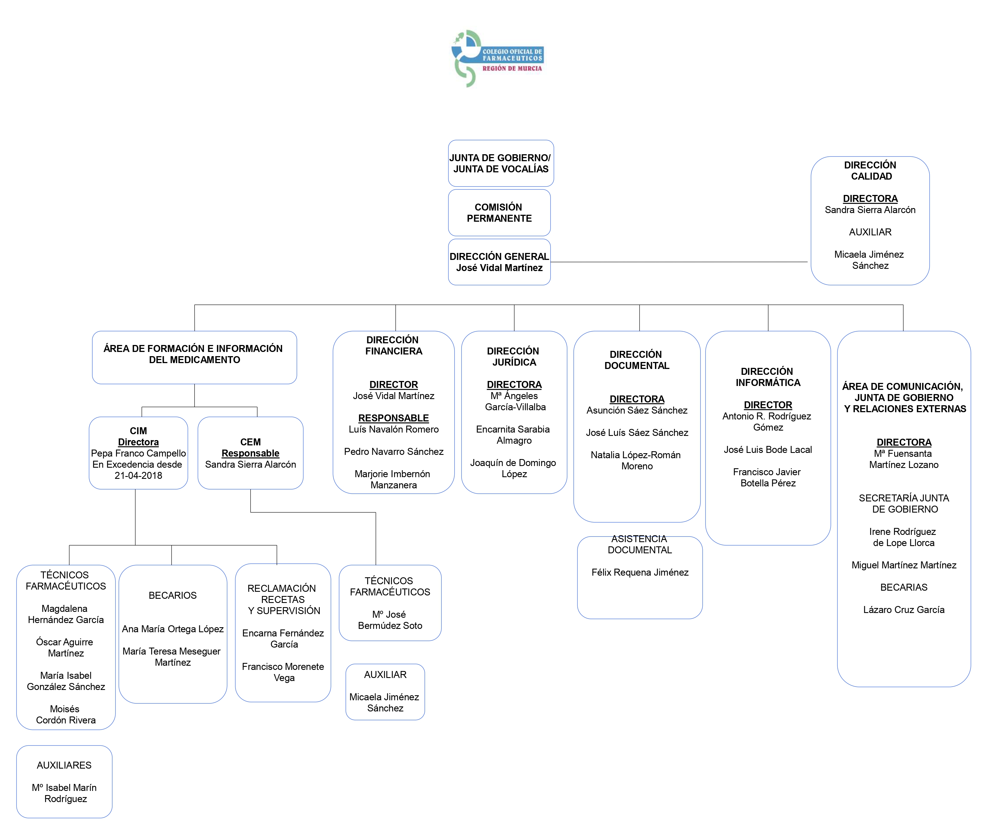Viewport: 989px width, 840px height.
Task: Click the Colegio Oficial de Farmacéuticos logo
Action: pyautogui.click(x=497, y=58)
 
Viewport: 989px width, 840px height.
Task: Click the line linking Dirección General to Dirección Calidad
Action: pyautogui.click(x=679, y=262)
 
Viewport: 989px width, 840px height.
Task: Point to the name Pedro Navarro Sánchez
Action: pyautogui.click(x=393, y=452)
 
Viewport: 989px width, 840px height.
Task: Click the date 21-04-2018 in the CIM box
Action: pyautogui.click(x=138, y=475)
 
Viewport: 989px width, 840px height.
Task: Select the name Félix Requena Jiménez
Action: pyautogui.click(x=640, y=572)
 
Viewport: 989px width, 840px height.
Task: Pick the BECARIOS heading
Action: pyautogui.click(x=172, y=595)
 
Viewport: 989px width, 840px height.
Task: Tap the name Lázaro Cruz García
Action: pyautogui.click(x=904, y=610)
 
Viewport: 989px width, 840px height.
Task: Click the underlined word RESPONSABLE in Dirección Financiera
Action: pyautogui.click(x=393, y=417)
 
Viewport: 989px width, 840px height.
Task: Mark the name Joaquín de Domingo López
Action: pyautogui.click(x=513, y=468)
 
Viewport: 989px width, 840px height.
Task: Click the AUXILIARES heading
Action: pyautogui.click(x=64, y=765)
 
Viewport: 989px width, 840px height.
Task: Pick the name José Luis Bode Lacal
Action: pyautogui.click(x=767, y=450)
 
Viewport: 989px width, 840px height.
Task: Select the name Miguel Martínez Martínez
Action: pyautogui.click(x=904, y=565)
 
